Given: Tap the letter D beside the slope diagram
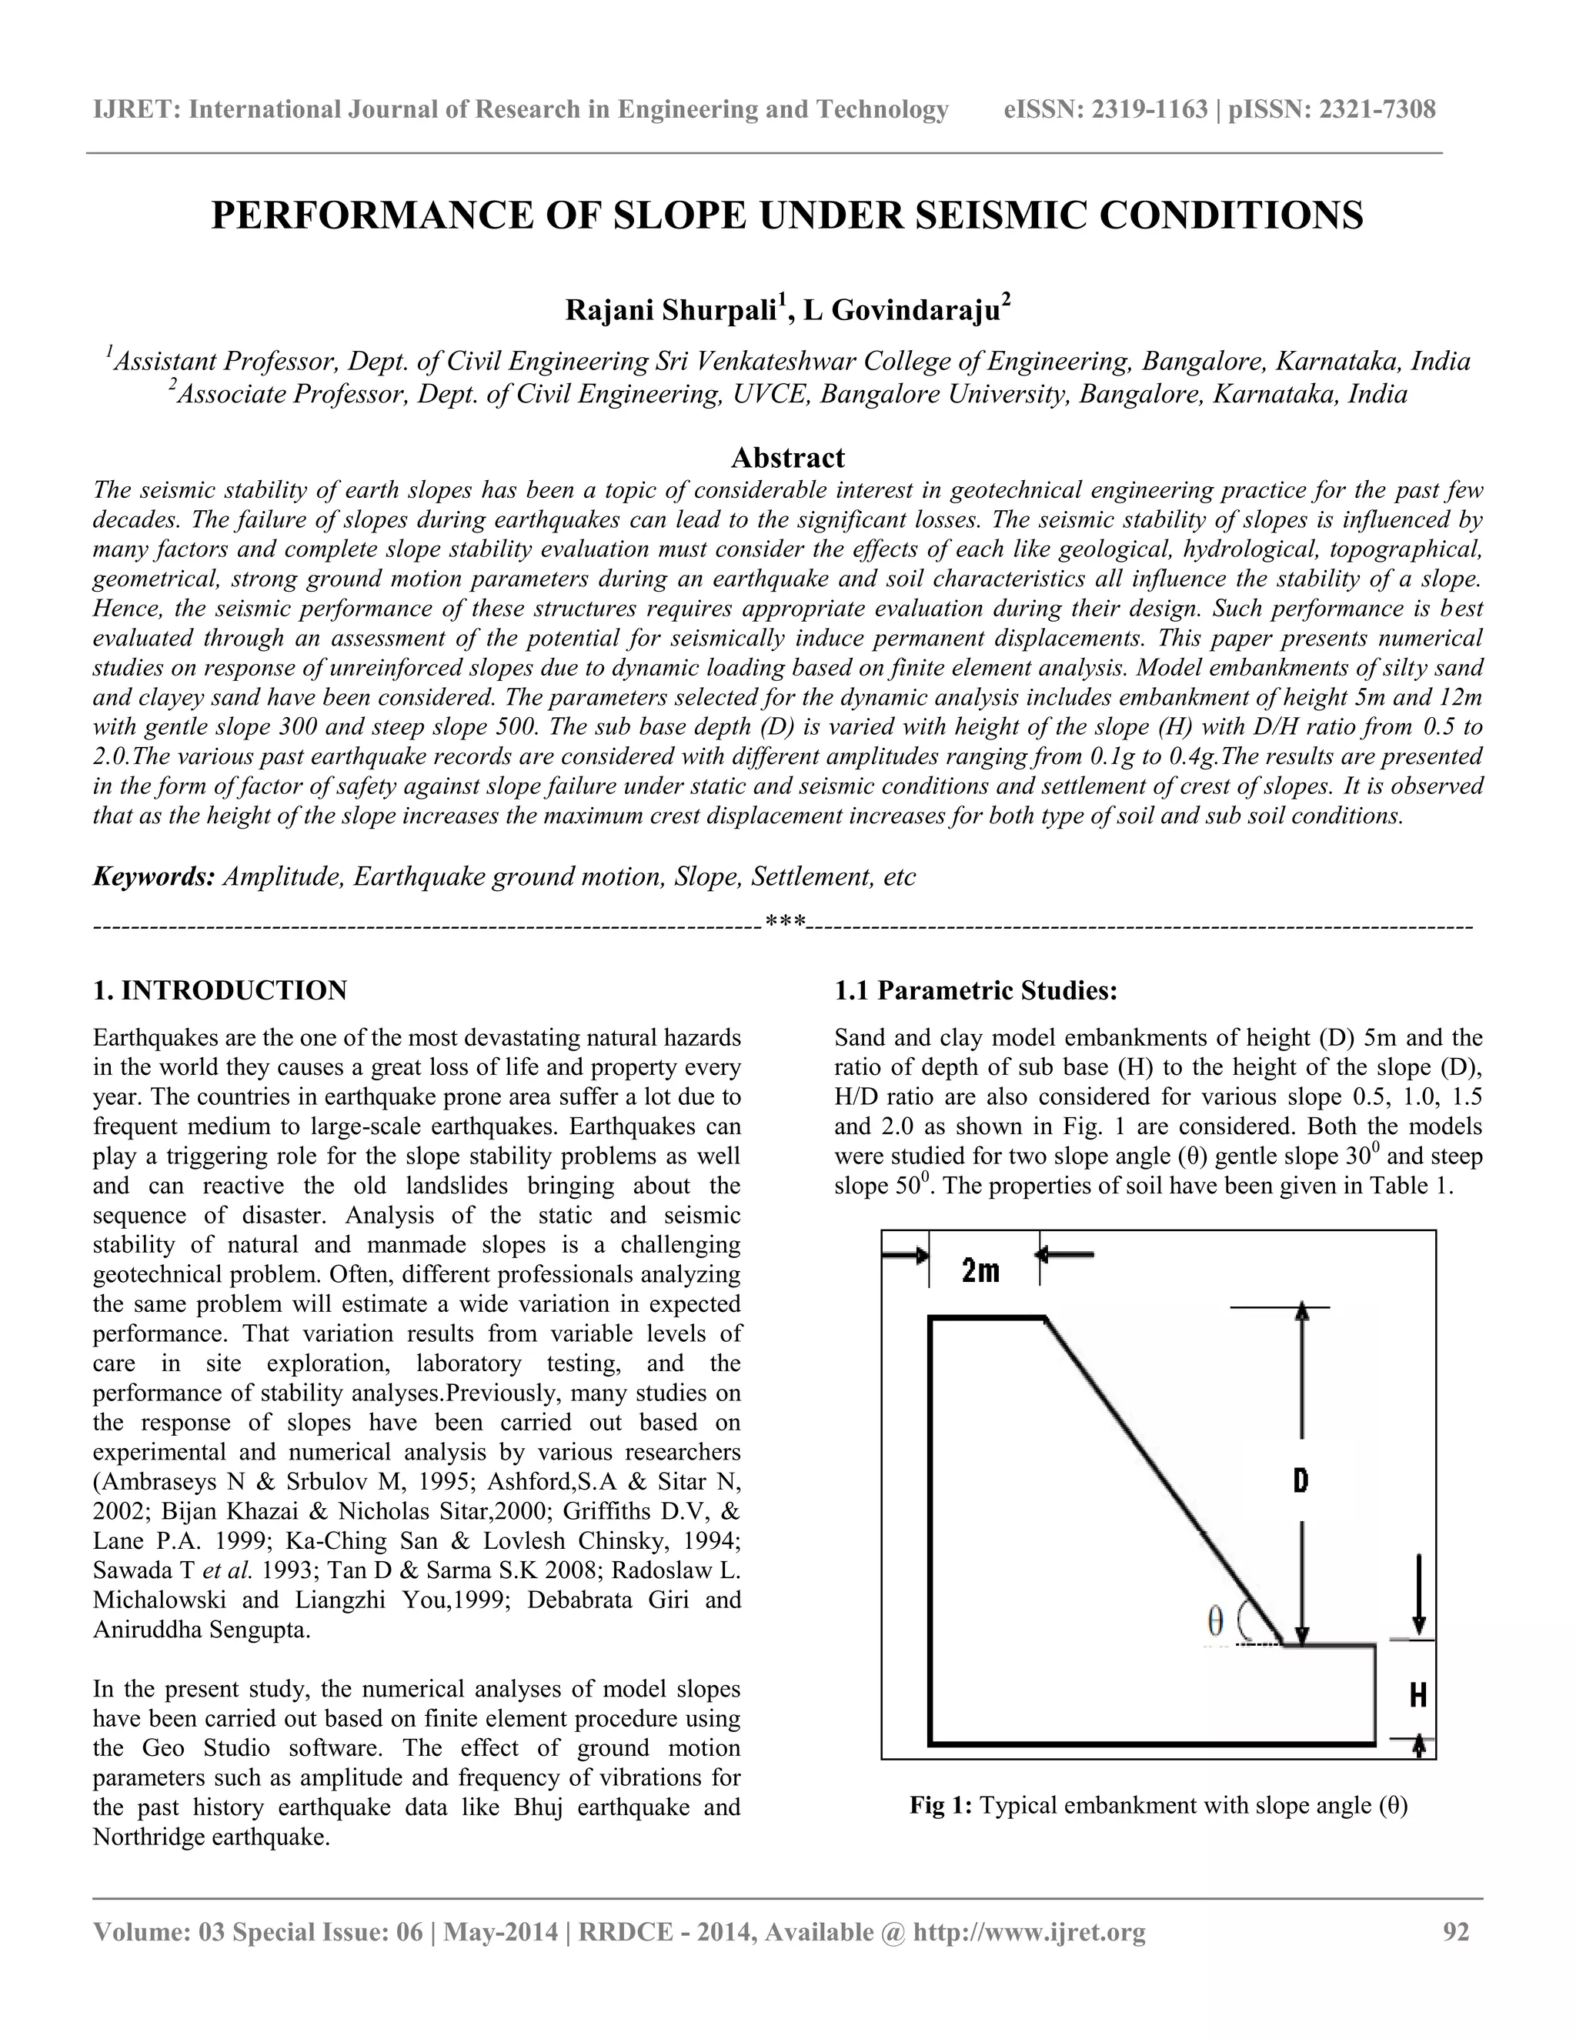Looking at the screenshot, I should (x=1301, y=1479).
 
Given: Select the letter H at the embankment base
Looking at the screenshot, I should (x=1417, y=1694).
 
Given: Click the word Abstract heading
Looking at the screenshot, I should (x=787, y=458).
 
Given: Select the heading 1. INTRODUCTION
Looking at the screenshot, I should (x=220, y=990).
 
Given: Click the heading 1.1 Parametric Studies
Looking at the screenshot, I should (x=976, y=990).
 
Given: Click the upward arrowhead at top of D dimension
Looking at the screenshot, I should (x=1304, y=1311).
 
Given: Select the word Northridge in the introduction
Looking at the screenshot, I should (x=149, y=1837).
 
